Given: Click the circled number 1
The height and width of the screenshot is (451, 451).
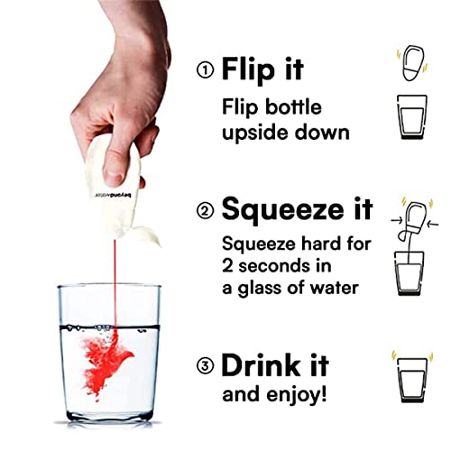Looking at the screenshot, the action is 206,70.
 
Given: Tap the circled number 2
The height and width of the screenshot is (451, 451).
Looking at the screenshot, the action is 206,210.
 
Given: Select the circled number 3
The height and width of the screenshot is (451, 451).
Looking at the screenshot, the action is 206,366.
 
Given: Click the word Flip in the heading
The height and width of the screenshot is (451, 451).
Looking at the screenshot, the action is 248,70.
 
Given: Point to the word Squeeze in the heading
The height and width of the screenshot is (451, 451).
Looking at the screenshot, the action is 282,209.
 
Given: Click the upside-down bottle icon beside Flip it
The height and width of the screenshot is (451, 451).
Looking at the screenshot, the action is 412,62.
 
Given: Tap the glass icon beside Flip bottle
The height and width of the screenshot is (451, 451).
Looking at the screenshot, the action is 412,116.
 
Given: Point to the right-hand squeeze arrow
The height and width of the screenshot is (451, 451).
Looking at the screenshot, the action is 433,224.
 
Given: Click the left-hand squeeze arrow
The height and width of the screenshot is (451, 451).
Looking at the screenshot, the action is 397,221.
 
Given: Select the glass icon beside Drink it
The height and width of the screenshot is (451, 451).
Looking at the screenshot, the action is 412,380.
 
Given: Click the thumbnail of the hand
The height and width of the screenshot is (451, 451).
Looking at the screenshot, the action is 114,174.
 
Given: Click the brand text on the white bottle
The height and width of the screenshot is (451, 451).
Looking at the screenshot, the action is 115,195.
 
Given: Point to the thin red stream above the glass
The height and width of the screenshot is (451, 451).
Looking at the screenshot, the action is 115,282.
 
